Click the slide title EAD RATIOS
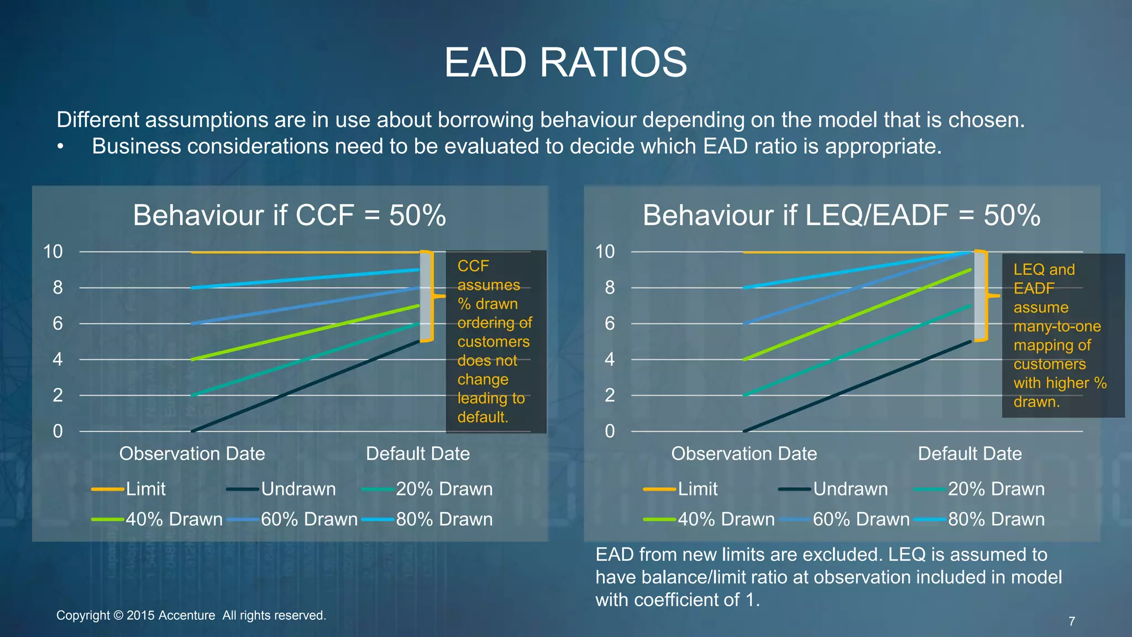565,62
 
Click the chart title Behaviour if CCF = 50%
289,215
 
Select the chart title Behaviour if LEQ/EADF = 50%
841,215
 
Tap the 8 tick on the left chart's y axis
57,288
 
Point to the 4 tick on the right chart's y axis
609,359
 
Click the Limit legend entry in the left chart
145,489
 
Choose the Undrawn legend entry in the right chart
850,489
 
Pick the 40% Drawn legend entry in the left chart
174,519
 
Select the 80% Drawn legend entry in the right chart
996,519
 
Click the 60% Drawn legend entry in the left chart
309,519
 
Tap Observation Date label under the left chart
192,453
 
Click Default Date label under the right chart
969,453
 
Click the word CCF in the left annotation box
473,266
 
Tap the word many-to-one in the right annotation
1057,326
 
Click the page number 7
1072,622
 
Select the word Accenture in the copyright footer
186,615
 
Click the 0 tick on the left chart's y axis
57,431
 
